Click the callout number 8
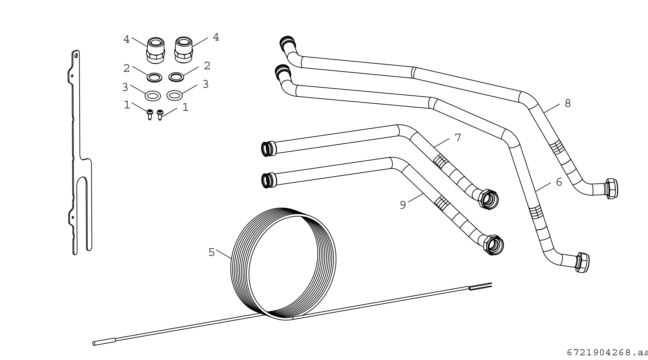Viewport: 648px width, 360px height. click(567, 103)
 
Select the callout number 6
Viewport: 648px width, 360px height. click(559, 182)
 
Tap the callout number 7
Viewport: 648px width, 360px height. click(458, 137)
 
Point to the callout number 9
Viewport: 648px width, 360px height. click(403, 205)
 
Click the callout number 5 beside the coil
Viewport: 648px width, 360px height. click(212, 253)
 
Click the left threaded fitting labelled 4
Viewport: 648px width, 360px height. click(155, 50)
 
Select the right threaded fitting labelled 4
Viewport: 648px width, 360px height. click(184, 50)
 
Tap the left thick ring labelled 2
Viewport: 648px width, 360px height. click(154, 77)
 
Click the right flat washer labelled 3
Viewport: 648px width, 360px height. click(174, 95)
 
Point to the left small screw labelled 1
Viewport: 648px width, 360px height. click(150, 114)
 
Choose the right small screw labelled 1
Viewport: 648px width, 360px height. click(160, 115)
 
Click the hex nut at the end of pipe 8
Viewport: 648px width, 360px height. click(611, 189)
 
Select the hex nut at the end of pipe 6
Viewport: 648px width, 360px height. click(582, 263)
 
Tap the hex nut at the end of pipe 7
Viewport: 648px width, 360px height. click(488, 199)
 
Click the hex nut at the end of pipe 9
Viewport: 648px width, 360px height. click(494, 245)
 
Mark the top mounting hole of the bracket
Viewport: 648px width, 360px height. click(76, 56)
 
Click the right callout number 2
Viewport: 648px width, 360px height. click(207, 66)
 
